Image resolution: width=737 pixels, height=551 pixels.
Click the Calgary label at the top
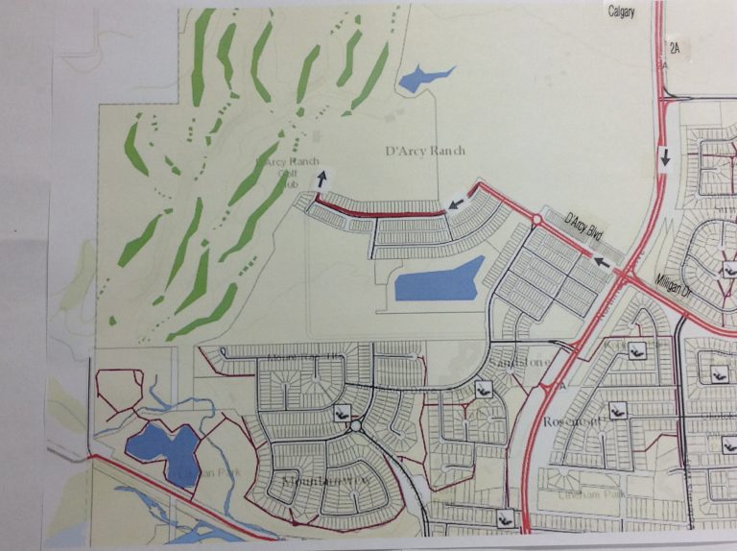621,11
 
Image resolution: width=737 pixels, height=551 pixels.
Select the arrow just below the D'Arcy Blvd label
601,259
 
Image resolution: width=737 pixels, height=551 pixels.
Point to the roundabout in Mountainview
355,424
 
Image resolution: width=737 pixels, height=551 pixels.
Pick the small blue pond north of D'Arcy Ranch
423,78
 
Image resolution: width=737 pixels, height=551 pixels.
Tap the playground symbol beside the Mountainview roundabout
342,412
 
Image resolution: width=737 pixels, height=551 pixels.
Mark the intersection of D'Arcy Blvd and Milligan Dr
624,276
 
